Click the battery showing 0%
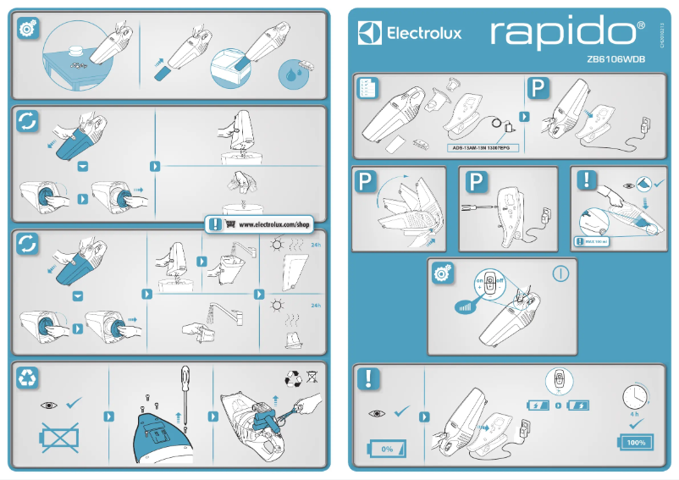(388, 447)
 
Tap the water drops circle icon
(292, 74)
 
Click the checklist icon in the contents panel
(367, 88)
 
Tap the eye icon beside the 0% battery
(377, 413)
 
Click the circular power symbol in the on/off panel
(560, 274)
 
